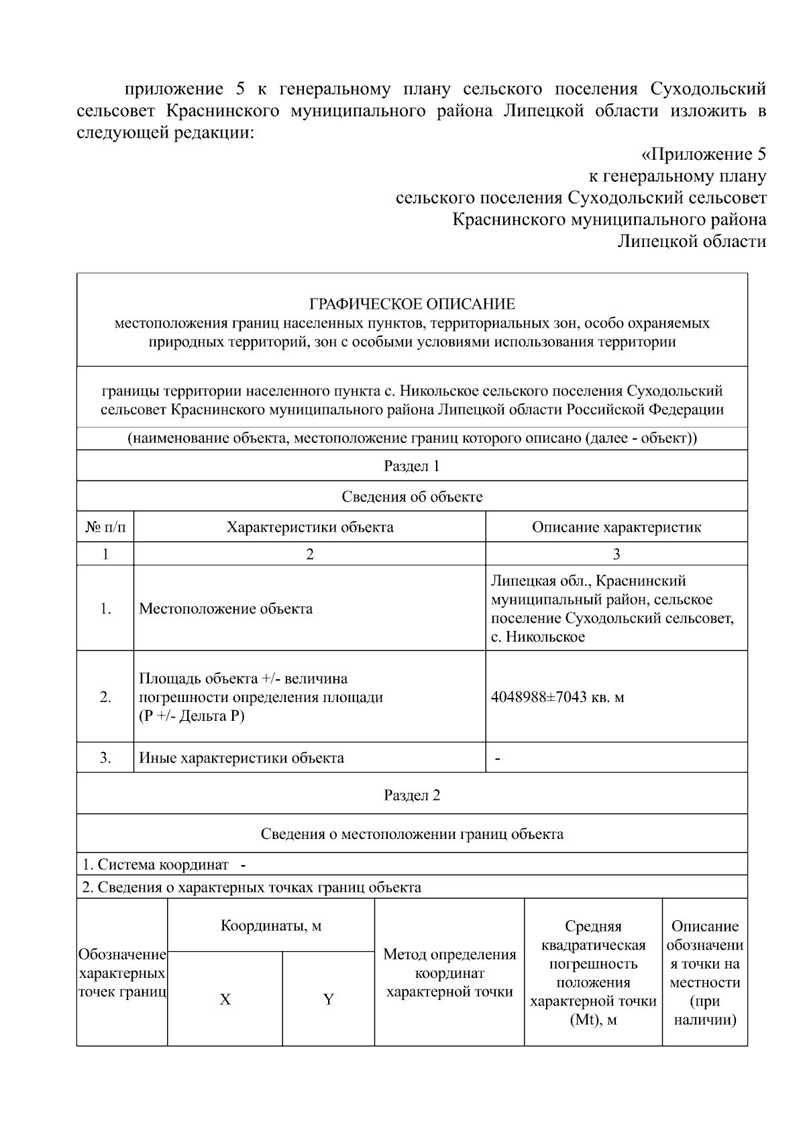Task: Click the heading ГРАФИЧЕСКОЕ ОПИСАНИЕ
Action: tap(412, 304)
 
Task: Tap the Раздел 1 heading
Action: tap(412, 466)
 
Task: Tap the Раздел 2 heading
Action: tap(412, 795)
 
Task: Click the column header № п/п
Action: tap(105, 527)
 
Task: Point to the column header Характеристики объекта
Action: tap(310, 527)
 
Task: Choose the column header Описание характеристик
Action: tap(616, 527)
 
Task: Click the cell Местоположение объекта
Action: tap(225, 609)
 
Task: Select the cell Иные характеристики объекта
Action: tap(241, 758)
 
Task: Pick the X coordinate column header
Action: tap(225, 999)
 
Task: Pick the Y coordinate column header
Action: tap(329, 999)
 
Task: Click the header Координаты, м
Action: tap(271, 926)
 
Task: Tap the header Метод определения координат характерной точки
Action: tap(449, 973)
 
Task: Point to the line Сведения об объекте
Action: tap(412, 497)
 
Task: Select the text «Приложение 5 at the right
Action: tap(703, 155)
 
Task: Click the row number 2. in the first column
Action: tap(105, 697)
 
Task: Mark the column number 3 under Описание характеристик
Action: tap(616, 554)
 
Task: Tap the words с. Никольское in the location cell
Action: tap(538, 637)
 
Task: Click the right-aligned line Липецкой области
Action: tap(691, 241)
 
